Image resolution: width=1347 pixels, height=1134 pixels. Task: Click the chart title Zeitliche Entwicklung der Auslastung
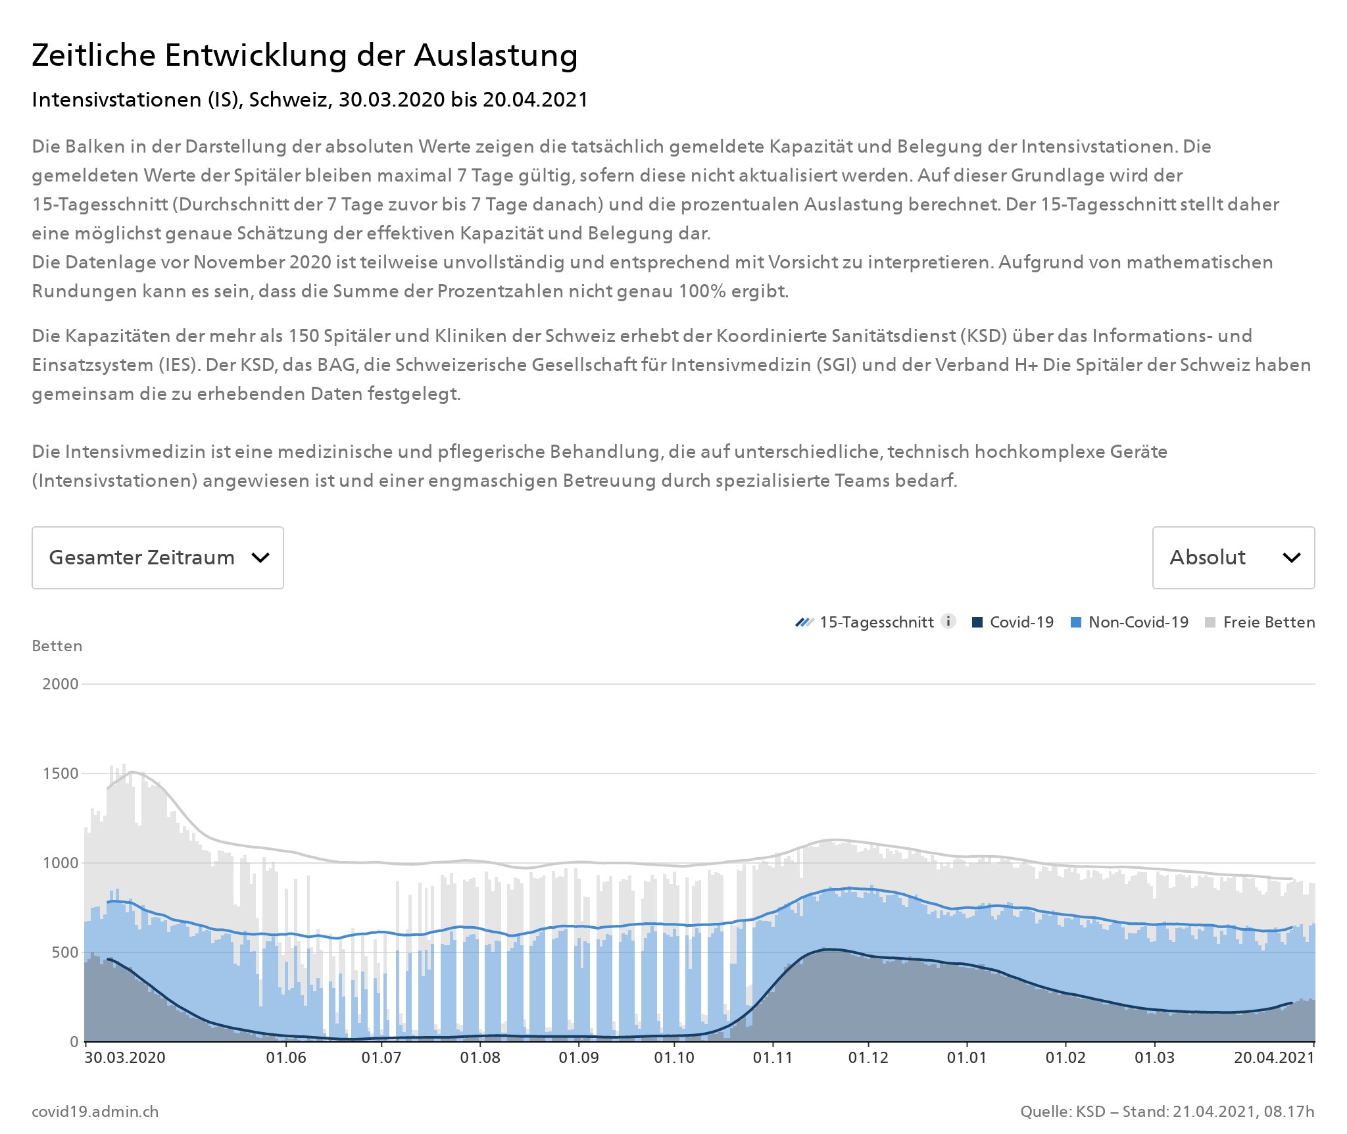point(305,55)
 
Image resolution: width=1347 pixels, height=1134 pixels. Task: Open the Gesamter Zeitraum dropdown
point(158,558)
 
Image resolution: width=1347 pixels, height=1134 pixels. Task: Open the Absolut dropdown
point(1233,558)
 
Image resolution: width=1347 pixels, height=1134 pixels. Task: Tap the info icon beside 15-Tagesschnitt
point(948,622)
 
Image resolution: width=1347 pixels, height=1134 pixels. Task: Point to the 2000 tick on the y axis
point(61,684)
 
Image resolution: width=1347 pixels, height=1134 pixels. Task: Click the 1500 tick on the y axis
point(61,774)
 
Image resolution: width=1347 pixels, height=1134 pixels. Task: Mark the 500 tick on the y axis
point(64,952)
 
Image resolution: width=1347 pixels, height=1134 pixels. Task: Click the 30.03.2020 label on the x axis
point(125,1058)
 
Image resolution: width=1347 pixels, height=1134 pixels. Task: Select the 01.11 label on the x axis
point(773,1058)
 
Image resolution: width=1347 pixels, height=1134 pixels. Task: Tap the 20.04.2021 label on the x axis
point(1273,1058)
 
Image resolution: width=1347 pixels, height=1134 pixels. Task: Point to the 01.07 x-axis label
point(381,1058)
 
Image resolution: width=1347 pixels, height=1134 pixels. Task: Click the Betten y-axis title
point(57,646)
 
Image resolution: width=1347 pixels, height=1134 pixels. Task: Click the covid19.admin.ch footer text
point(95,1112)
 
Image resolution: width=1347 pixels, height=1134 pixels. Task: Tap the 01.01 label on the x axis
point(967,1058)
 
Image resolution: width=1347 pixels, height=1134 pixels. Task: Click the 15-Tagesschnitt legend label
point(876,622)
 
